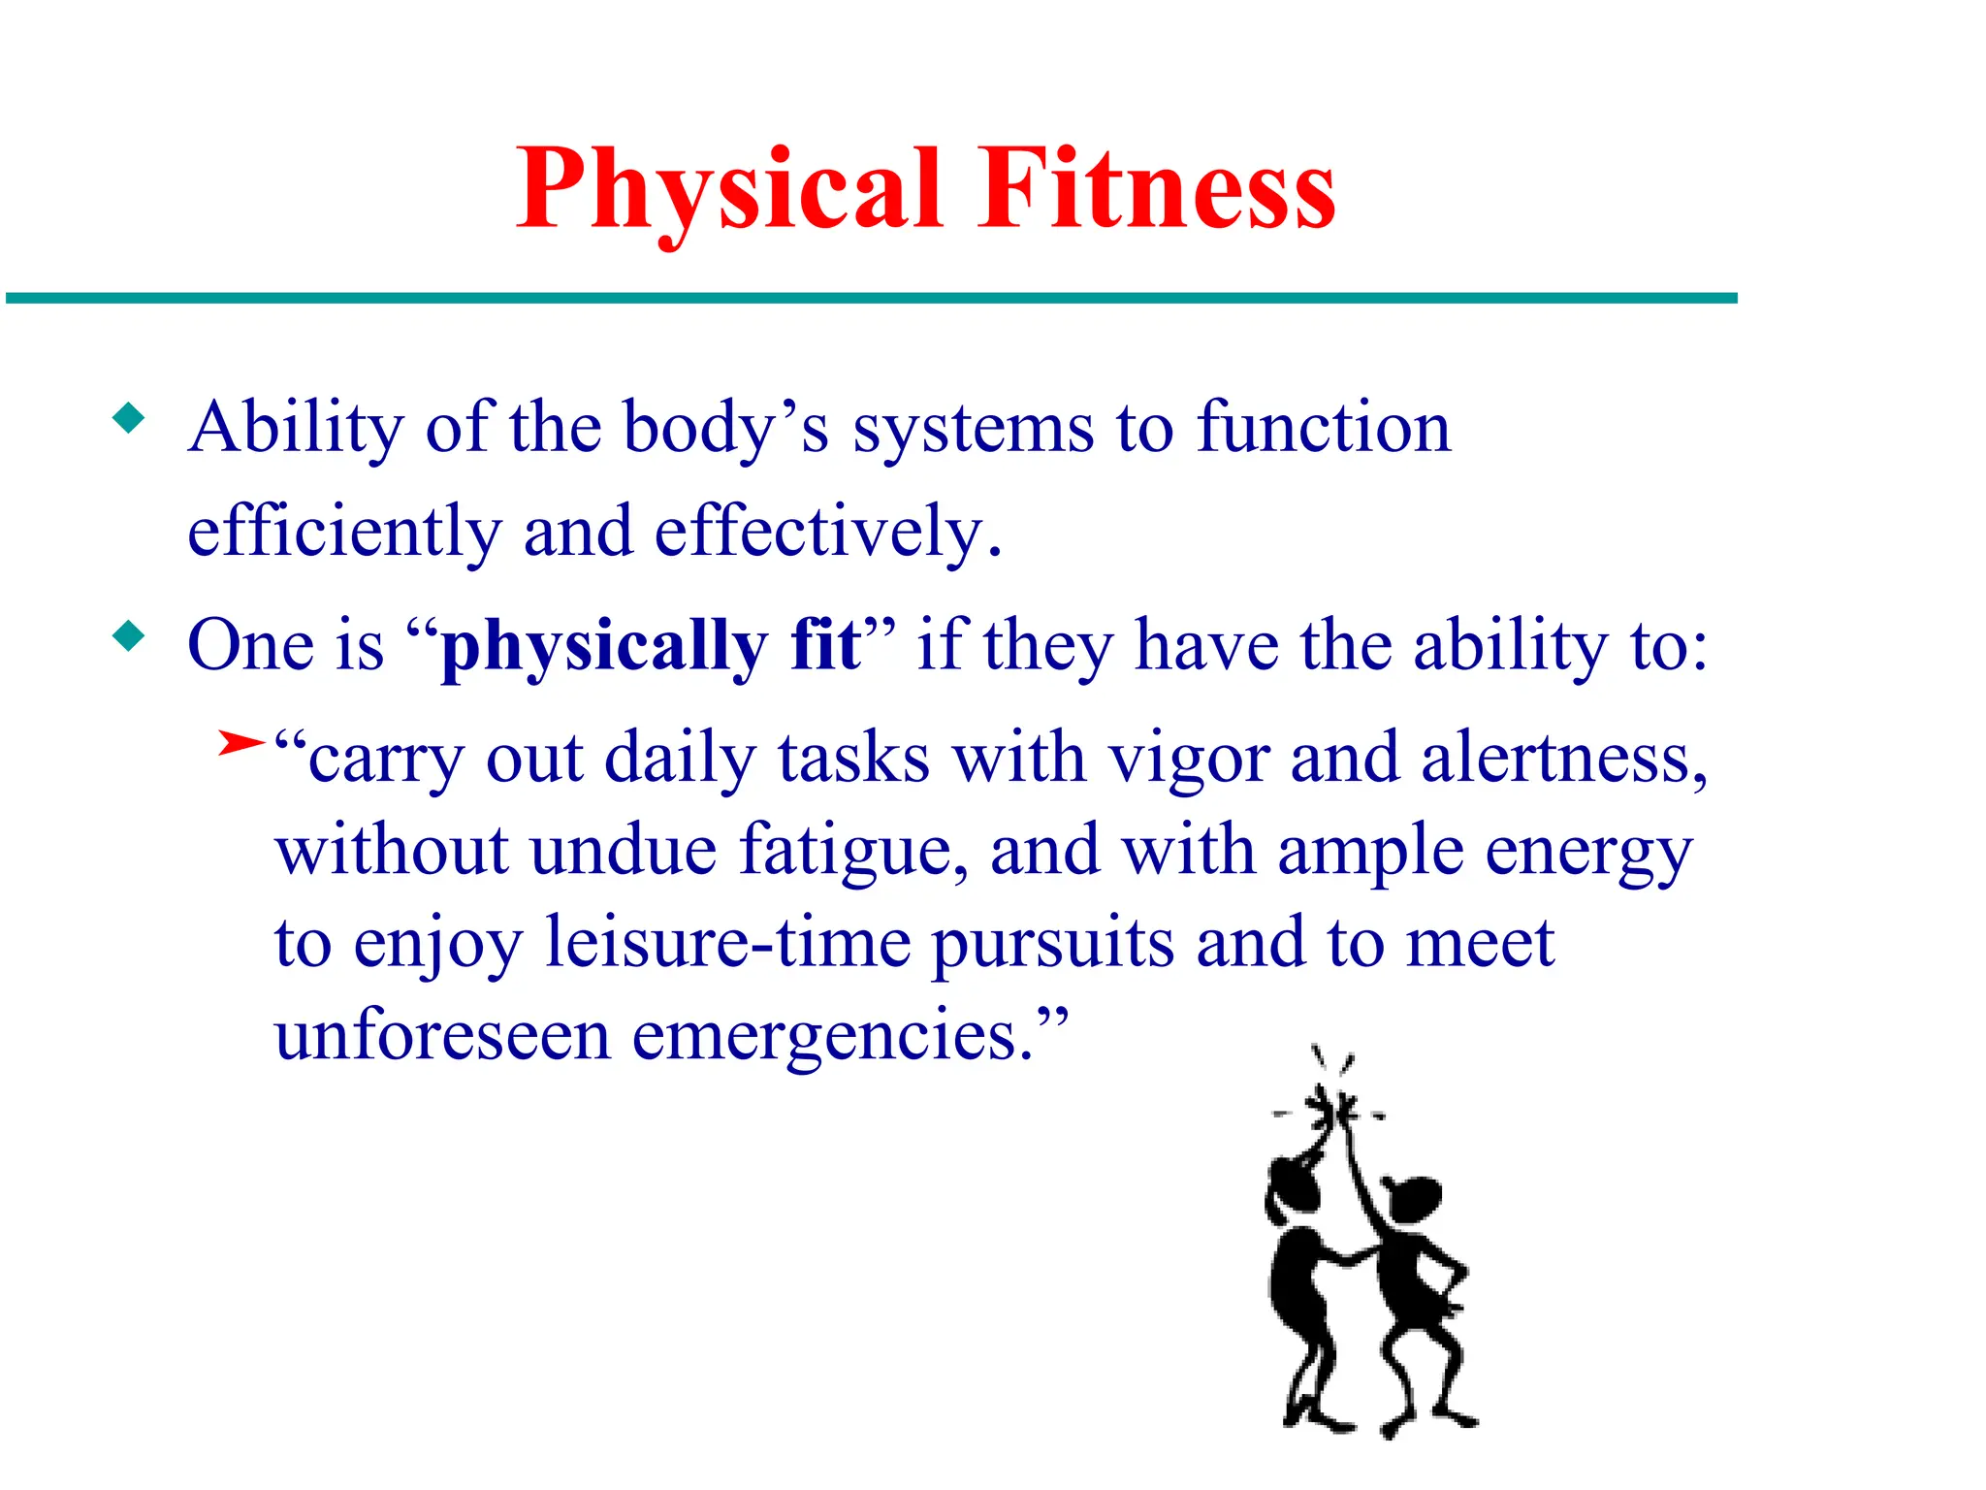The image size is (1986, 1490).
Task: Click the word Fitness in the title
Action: point(1156,189)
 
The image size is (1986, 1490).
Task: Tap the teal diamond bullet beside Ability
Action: point(129,419)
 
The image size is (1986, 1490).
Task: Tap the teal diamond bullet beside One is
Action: point(129,637)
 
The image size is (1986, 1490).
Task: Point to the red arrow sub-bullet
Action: point(240,744)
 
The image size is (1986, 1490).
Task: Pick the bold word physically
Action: point(603,647)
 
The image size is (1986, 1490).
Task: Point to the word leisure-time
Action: point(727,943)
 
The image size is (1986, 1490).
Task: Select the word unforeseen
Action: point(442,1035)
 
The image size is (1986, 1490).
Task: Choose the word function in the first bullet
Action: point(1323,428)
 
